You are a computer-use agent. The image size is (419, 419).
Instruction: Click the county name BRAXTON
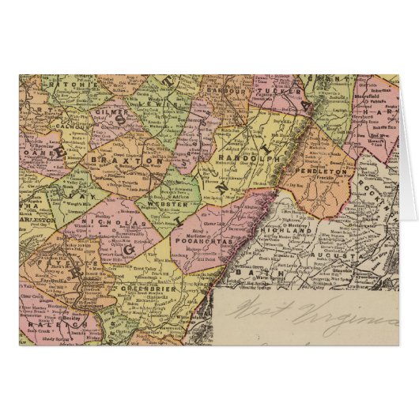(x=137, y=159)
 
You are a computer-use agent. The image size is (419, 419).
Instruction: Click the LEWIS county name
(x=164, y=100)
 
